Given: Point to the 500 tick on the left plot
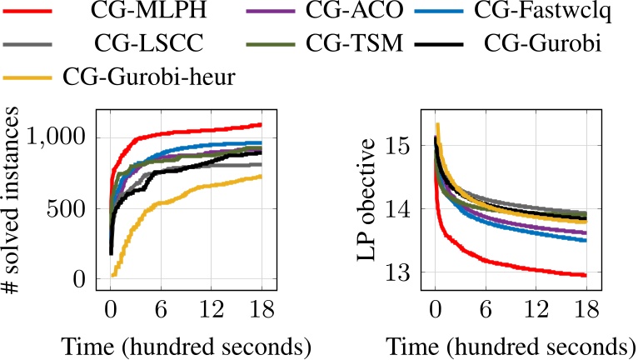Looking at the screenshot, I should click(72, 209).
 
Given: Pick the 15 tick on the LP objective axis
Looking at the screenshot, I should click(404, 147).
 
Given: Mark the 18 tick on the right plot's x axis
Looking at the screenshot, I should click(586, 307).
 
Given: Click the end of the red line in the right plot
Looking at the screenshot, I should click(586, 275).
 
